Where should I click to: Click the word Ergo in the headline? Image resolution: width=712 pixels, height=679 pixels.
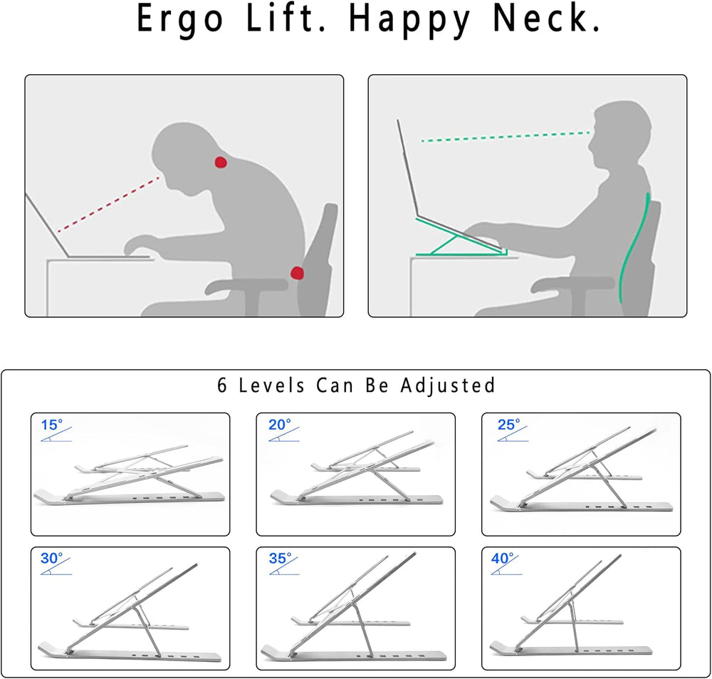pos(180,20)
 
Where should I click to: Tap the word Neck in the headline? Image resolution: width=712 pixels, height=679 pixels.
pos(546,19)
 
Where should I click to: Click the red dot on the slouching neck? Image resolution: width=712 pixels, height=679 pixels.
pos(221,162)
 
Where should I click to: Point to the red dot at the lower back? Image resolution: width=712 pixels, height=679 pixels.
pos(297,273)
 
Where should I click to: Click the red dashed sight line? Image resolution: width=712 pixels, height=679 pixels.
pos(109,204)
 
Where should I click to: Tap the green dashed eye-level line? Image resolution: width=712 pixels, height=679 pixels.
pos(506,137)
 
